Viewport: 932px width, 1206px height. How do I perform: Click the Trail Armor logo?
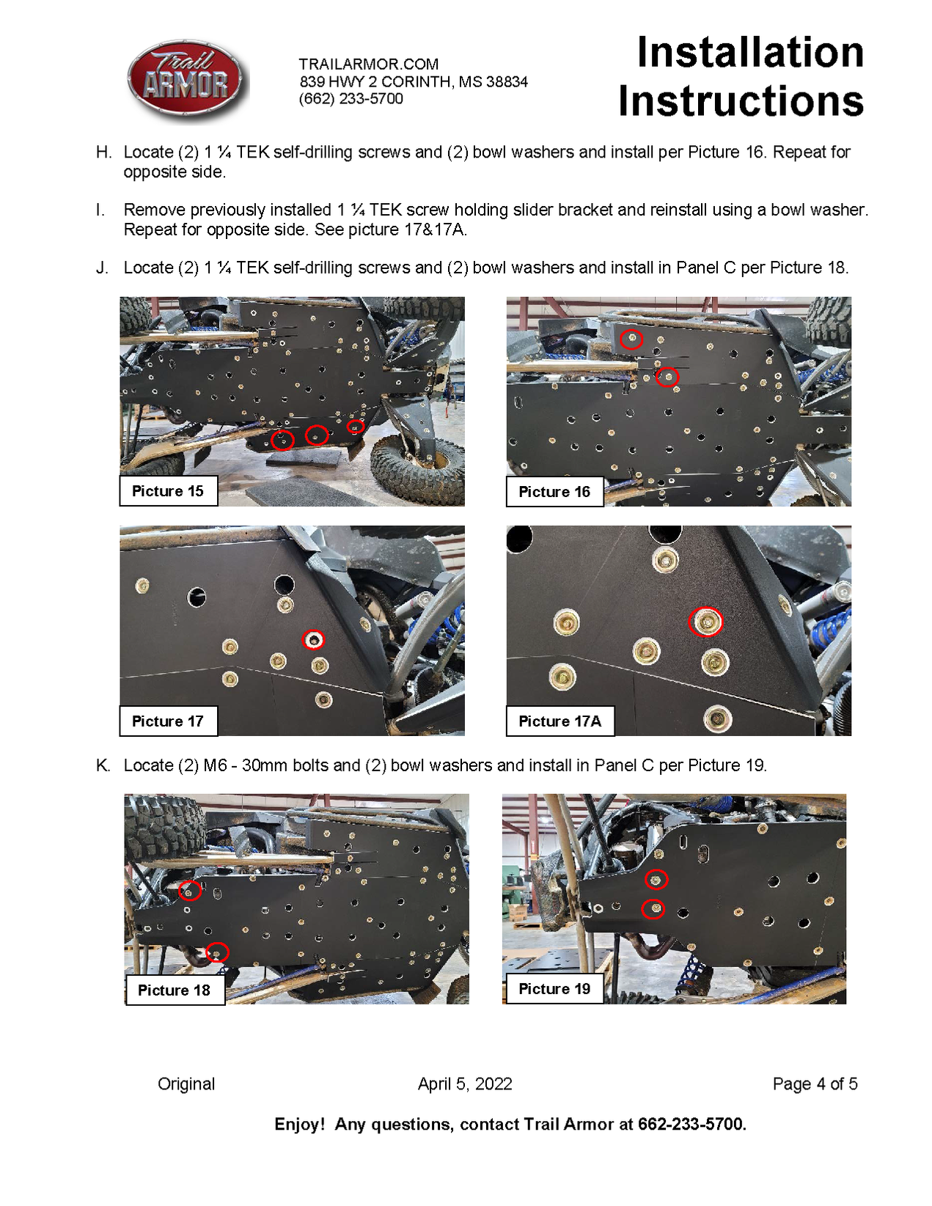click(x=188, y=81)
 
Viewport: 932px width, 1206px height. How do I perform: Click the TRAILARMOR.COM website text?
click(x=368, y=65)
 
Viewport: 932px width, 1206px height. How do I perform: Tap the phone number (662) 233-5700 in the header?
click(x=351, y=99)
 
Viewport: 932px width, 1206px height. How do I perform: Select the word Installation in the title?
click(x=750, y=53)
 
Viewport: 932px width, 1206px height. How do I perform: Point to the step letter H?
click(x=103, y=152)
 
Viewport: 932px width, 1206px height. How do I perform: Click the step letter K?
click(x=103, y=765)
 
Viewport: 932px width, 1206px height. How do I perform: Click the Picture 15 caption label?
click(x=168, y=491)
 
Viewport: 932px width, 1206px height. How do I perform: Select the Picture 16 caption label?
click(x=554, y=492)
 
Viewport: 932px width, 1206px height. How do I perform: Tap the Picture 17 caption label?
click(x=168, y=721)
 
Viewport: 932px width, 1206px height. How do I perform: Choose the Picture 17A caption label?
click(x=559, y=721)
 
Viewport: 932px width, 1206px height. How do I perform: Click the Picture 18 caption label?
click(x=175, y=990)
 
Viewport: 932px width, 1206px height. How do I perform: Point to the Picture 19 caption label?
click(x=554, y=989)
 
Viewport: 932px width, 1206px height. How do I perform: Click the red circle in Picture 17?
click(x=314, y=640)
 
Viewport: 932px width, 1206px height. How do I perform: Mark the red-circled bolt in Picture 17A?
click(x=706, y=622)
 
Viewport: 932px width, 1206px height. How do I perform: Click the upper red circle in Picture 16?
click(x=631, y=339)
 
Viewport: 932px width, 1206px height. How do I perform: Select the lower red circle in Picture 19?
click(x=653, y=909)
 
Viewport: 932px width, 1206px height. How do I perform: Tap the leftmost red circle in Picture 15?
click(x=282, y=440)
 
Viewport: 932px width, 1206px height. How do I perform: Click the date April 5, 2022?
click(x=465, y=1084)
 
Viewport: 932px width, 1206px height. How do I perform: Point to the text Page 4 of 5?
click(x=815, y=1084)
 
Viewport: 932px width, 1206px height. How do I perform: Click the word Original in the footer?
click(x=186, y=1084)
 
